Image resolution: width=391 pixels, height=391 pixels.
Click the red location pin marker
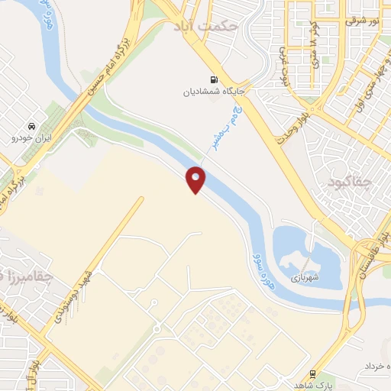[x=196, y=179]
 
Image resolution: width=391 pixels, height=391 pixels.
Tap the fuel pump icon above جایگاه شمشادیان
[x=212, y=79]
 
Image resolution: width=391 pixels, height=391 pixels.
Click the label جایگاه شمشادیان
[x=206, y=92]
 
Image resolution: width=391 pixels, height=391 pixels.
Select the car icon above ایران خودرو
[x=31, y=126]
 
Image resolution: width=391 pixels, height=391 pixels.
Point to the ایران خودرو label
[x=30, y=139]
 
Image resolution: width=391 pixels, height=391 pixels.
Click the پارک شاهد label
[x=313, y=386]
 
